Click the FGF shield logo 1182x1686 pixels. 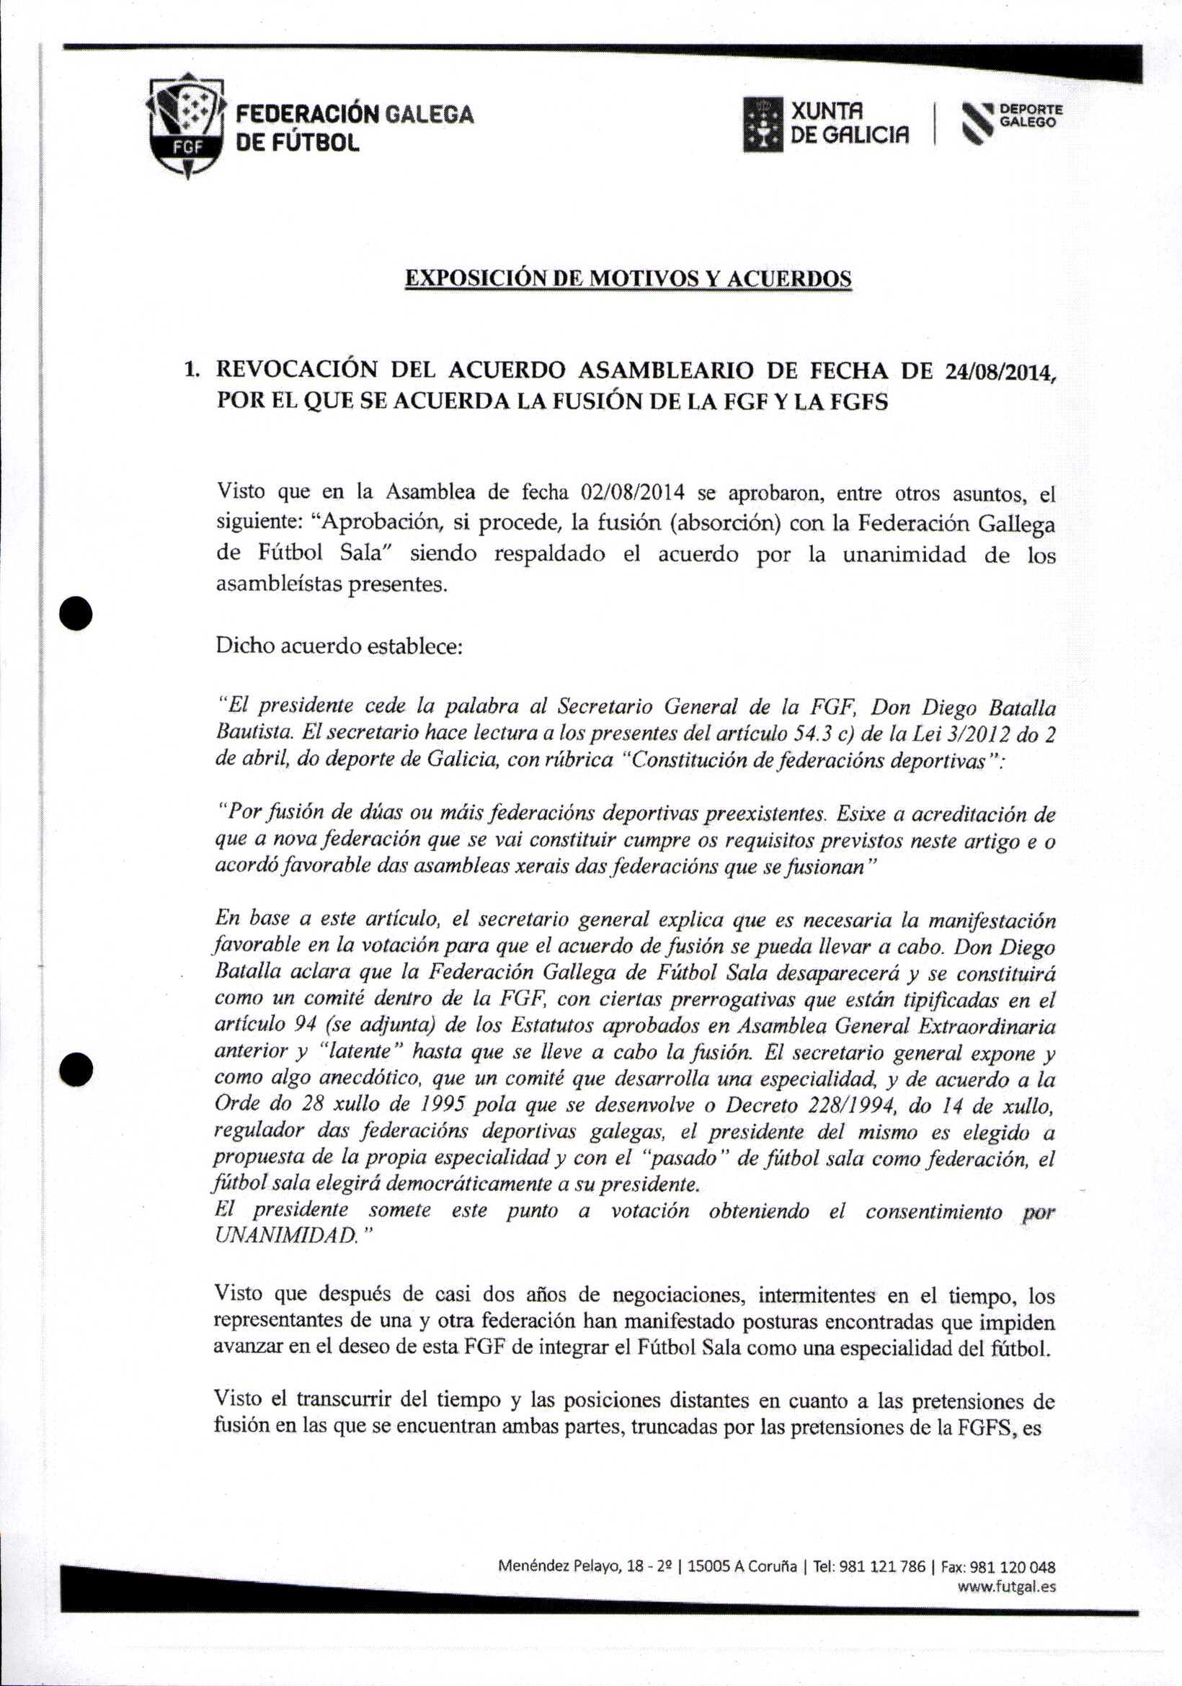pos(186,125)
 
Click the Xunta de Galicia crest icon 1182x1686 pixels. pos(763,125)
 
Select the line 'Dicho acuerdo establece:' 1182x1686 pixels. pos(339,646)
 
